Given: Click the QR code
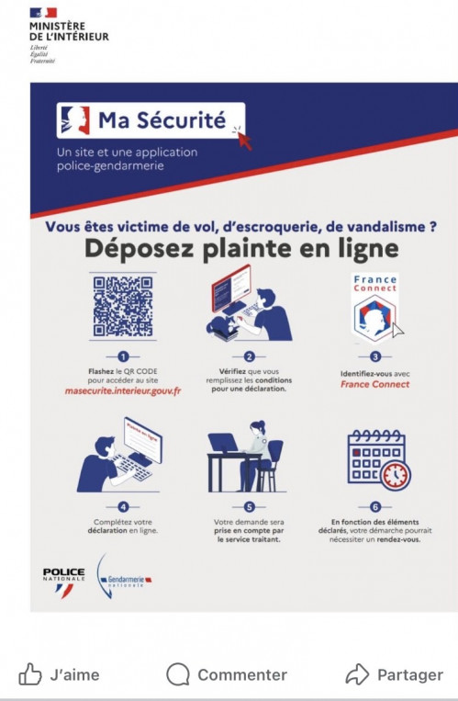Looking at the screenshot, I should tap(122, 306).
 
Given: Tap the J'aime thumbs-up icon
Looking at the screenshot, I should tap(30, 674).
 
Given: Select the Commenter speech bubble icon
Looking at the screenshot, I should tap(177, 674).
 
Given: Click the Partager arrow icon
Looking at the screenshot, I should tap(357, 674).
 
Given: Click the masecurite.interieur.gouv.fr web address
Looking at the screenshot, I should tap(122, 392).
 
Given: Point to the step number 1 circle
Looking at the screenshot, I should tap(122, 357).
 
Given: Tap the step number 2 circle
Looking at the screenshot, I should tap(247, 357).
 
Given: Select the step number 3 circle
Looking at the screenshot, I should tap(374, 357).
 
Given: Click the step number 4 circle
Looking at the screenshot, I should tap(122, 505).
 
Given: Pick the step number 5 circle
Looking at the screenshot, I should tap(247, 505).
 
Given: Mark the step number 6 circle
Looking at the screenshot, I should tap(374, 505).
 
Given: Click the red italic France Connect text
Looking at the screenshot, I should tap(374, 385).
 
